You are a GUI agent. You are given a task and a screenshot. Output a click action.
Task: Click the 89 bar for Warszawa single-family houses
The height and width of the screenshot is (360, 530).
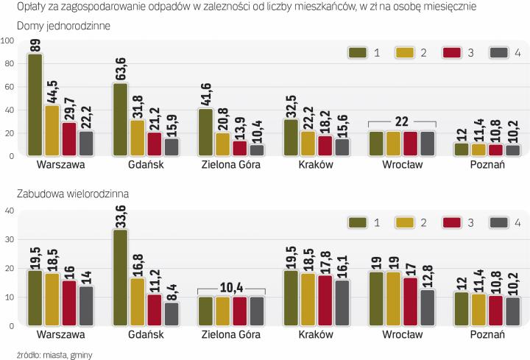point(34,105)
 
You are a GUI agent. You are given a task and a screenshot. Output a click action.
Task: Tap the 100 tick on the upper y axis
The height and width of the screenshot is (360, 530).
point(8,40)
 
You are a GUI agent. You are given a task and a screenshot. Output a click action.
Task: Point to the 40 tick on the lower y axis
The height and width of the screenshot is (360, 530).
point(10,211)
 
